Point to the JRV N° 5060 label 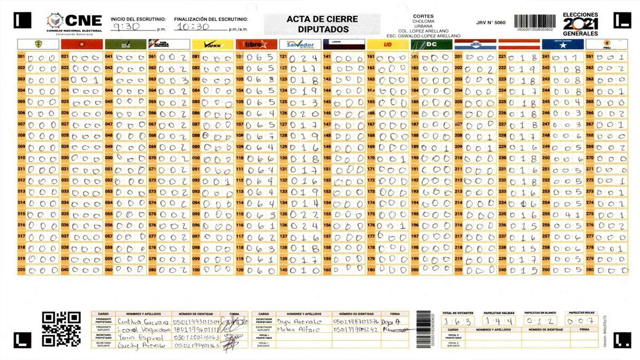[x=491, y=23]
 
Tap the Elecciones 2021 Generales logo [x=581, y=24]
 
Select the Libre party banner [x=257, y=44]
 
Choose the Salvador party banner [x=300, y=44]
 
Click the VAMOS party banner [x=213, y=44]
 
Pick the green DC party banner [x=431, y=44]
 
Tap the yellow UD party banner [x=388, y=44]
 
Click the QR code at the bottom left [x=61, y=329]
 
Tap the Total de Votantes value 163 [x=458, y=321]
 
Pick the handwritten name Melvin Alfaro [x=295, y=330]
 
